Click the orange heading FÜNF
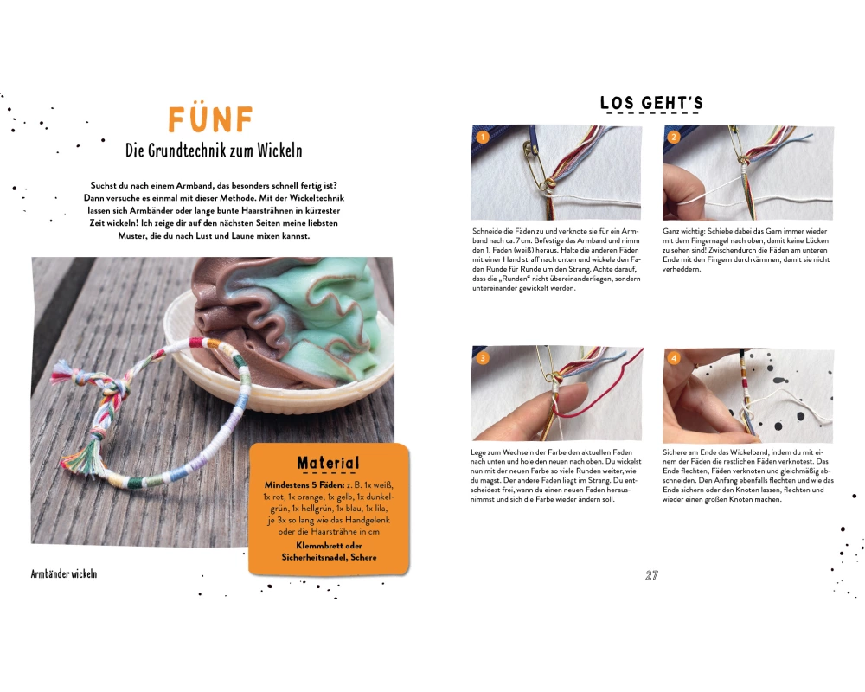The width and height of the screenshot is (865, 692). tap(210, 119)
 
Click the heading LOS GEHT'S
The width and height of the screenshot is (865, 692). tap(651, 103)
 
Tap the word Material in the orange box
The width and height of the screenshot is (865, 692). tap(328, 463)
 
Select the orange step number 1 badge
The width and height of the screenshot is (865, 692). tap(483, 137)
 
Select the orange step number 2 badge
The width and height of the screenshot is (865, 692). tap(674, 137)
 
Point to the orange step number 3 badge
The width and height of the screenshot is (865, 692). tap(483, 358)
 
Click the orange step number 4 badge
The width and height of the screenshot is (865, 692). tap(674, 358)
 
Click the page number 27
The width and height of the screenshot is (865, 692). tap(651, 575)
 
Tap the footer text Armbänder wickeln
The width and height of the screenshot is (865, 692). tap(64, 573)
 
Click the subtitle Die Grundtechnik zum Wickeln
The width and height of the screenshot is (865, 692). tap(214, 151)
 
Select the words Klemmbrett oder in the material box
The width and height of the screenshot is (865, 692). tap(329, 545)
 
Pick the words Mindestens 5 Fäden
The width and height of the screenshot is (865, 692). tap(304, 485)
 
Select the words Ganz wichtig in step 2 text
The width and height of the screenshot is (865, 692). tap(684, 231)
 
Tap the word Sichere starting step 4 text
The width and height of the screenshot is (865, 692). tap(675, 452)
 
